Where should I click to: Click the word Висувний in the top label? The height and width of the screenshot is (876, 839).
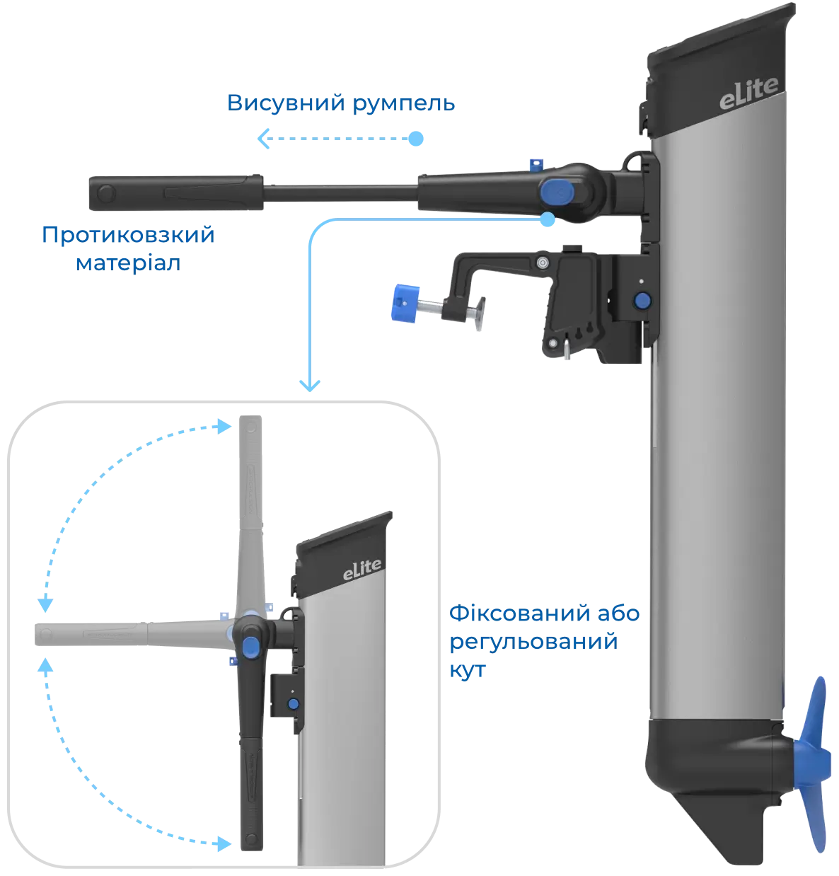[286, 103]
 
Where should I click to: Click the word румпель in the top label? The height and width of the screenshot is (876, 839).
[404, 105]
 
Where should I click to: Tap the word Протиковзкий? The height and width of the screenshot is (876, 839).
[128, 235]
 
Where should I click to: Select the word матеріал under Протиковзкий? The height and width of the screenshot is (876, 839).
[128, 264]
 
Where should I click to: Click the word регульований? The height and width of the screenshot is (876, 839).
[533, 642]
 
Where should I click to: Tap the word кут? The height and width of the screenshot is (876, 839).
[468, 670]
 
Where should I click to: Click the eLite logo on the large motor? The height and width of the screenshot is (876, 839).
[748, 93]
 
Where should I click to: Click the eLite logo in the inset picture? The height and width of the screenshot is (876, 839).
[361, 570]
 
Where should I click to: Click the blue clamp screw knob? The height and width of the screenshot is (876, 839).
[405, 303]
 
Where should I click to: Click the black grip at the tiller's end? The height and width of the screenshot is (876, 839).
[176, 192]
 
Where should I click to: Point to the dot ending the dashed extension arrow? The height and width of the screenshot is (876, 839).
[415, 138]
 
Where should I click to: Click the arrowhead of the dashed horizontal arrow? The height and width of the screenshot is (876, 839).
[263, 138]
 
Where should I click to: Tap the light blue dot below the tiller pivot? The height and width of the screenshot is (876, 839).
[548, 219]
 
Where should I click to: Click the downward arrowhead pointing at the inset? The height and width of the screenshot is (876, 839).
[310, 386]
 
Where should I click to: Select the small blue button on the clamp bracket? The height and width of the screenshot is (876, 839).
[642, 300]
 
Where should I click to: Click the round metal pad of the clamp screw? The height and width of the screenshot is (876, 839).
[480, 313]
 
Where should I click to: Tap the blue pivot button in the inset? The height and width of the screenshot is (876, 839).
[250, 647]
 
